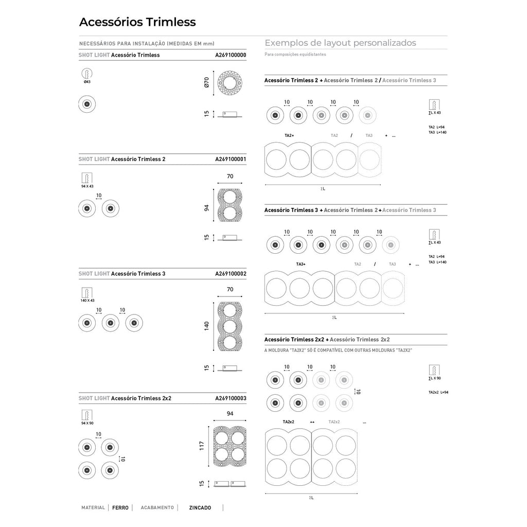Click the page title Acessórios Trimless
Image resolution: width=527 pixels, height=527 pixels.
(x=137, y=22)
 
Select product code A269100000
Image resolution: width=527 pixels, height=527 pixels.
(x=231, y=55)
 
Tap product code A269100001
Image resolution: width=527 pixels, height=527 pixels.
(x=231, y=160)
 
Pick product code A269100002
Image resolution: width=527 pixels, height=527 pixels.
(x=231, y=274)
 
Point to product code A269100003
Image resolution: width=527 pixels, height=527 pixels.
(x=231, y=398)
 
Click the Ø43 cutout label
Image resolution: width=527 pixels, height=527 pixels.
(x=87, y=82)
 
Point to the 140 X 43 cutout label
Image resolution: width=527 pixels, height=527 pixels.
(x=87, y=300)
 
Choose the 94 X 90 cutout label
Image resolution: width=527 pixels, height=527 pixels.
(x=87, y=423)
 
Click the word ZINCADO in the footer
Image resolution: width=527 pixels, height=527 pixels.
(x=200, y=507)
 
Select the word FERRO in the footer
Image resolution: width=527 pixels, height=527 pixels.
(x=120, y=507)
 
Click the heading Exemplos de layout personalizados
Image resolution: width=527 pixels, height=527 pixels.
(x=340, y=43)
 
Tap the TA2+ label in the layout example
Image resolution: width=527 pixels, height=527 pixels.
(x=289, y=135)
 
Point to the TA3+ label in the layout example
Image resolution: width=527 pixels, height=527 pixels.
(x=301, y=264)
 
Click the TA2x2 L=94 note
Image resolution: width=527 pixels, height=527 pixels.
(x=438, y=392)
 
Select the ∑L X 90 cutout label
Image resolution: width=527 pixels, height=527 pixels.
(x=435, y=378)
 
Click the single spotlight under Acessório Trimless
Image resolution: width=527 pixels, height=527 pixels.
(x=87, y=105)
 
